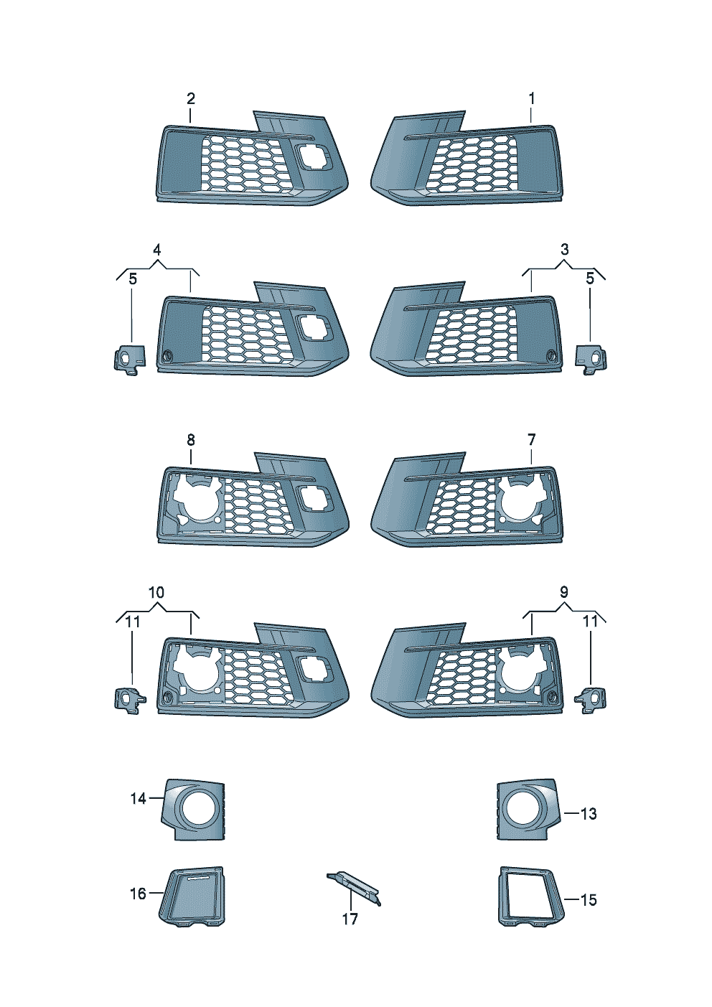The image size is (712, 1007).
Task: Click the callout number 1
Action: point(531,98)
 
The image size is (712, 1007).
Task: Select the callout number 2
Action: point(191,98)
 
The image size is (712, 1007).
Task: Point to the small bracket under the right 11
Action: point(590,700)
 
